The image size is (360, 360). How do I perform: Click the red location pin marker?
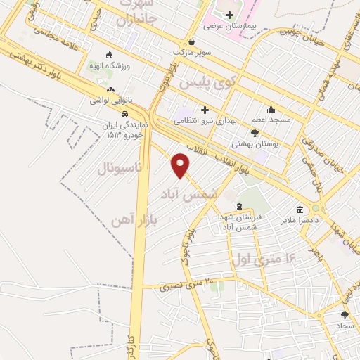pos(181,165)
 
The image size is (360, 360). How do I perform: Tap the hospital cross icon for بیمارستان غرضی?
pos(229,15)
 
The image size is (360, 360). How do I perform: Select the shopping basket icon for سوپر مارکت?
pos(192,41)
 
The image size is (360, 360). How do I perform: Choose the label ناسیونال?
pos(119,169)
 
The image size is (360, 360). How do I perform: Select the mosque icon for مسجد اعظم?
pos(271,109)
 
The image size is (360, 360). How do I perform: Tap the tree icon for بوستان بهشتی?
pos(255,132)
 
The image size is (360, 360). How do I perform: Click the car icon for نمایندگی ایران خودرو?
pos(124,114)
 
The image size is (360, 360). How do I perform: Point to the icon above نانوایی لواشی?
pos(110,89)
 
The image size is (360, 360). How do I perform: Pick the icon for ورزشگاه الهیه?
pos(108,56)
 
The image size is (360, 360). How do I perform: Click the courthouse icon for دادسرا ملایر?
pos(300,210)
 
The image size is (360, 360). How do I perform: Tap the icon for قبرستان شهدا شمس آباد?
pos(240,206)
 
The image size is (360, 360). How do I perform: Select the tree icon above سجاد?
pos(344,315)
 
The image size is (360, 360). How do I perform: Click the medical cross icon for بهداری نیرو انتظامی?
pos(205,109)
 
